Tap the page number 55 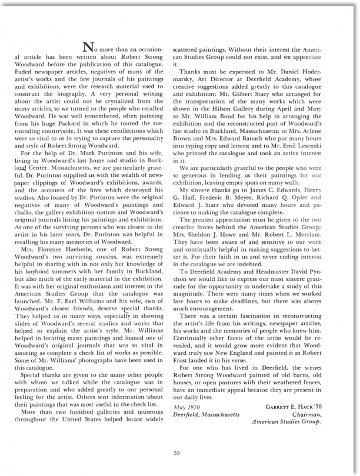[180, 436]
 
